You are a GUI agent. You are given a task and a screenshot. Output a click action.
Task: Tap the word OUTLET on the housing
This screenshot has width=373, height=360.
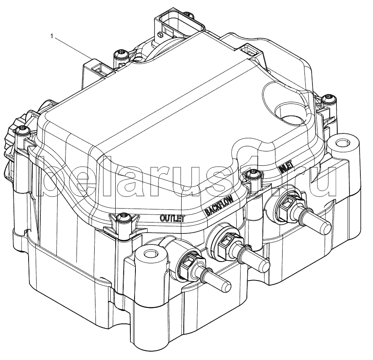point(172,218)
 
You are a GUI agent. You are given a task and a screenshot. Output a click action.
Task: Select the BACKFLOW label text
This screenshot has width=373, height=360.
point(220,204)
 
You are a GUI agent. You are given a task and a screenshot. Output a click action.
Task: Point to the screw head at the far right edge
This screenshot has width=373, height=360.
point(329,98)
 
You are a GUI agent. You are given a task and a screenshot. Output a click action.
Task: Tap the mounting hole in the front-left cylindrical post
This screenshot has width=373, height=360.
point(149,253)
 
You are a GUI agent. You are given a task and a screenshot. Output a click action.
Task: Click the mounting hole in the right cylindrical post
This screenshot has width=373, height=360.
point(341,143)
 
